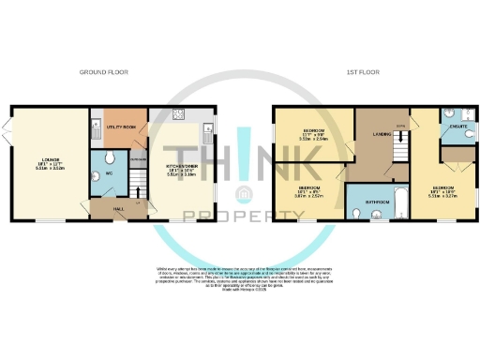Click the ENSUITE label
pos(457,125)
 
